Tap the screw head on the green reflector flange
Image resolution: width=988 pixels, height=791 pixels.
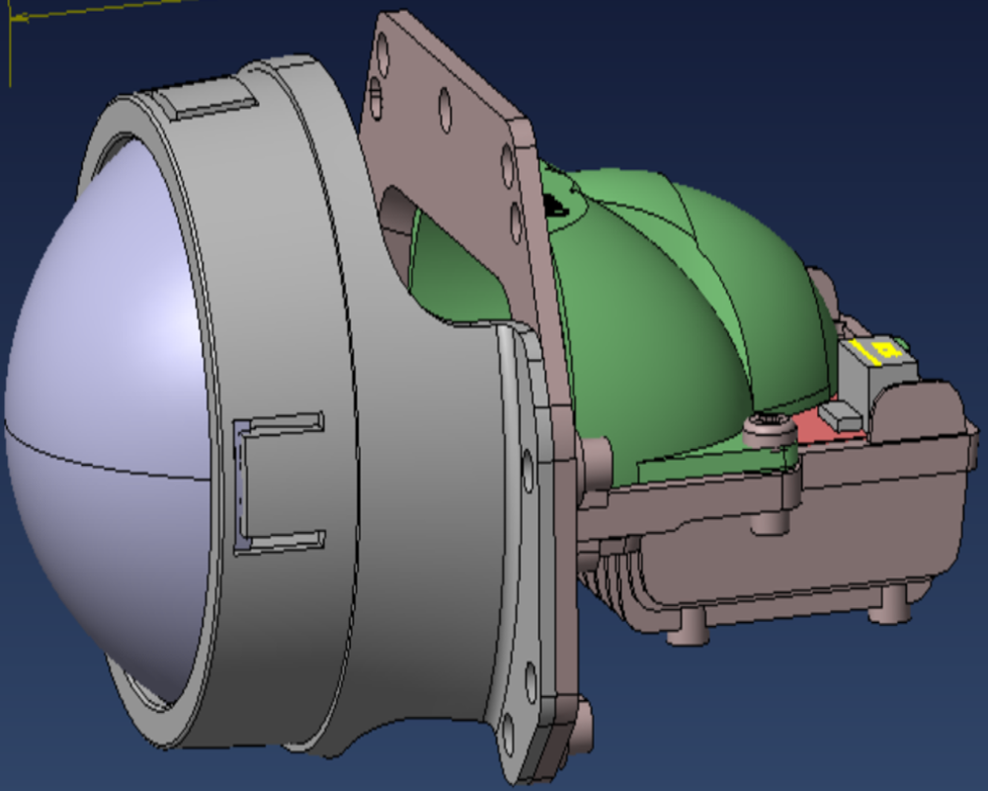(x=770, y=427)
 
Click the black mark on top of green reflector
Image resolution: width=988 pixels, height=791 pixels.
(x=556, y=204)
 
